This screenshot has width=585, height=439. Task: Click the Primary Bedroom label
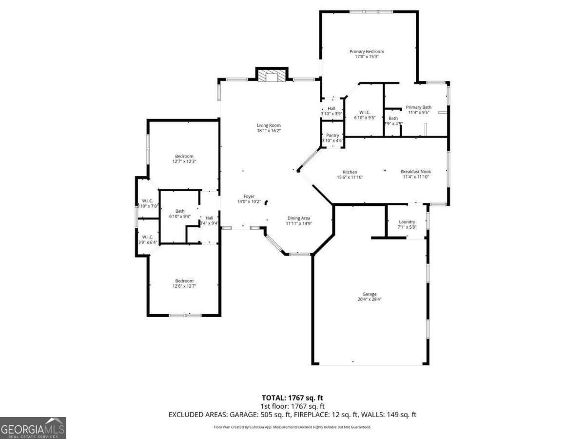[367, 51]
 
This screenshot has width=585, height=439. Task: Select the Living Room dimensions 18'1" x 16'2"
[269, 131]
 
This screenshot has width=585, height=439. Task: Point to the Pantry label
[332, 135]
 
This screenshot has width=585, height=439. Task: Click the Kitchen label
[350, 172]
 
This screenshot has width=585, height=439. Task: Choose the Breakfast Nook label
[416, 171]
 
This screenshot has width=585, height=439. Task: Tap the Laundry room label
[407, 221]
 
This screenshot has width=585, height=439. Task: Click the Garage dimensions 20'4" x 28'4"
[369, 299]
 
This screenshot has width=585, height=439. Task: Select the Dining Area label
[298, 218]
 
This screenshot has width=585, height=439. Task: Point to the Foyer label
[249, 196]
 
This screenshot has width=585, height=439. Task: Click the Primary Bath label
[418, 107]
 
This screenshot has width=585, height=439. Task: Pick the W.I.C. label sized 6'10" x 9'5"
[365, 118]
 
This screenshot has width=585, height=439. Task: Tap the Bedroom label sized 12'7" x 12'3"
[184, 156]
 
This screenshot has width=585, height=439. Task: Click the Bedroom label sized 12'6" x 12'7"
[184, 280]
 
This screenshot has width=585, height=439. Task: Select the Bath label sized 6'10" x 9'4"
[180, 211]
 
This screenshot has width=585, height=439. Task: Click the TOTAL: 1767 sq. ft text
[292, 398]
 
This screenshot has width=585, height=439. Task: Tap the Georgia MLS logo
[33, 428]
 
